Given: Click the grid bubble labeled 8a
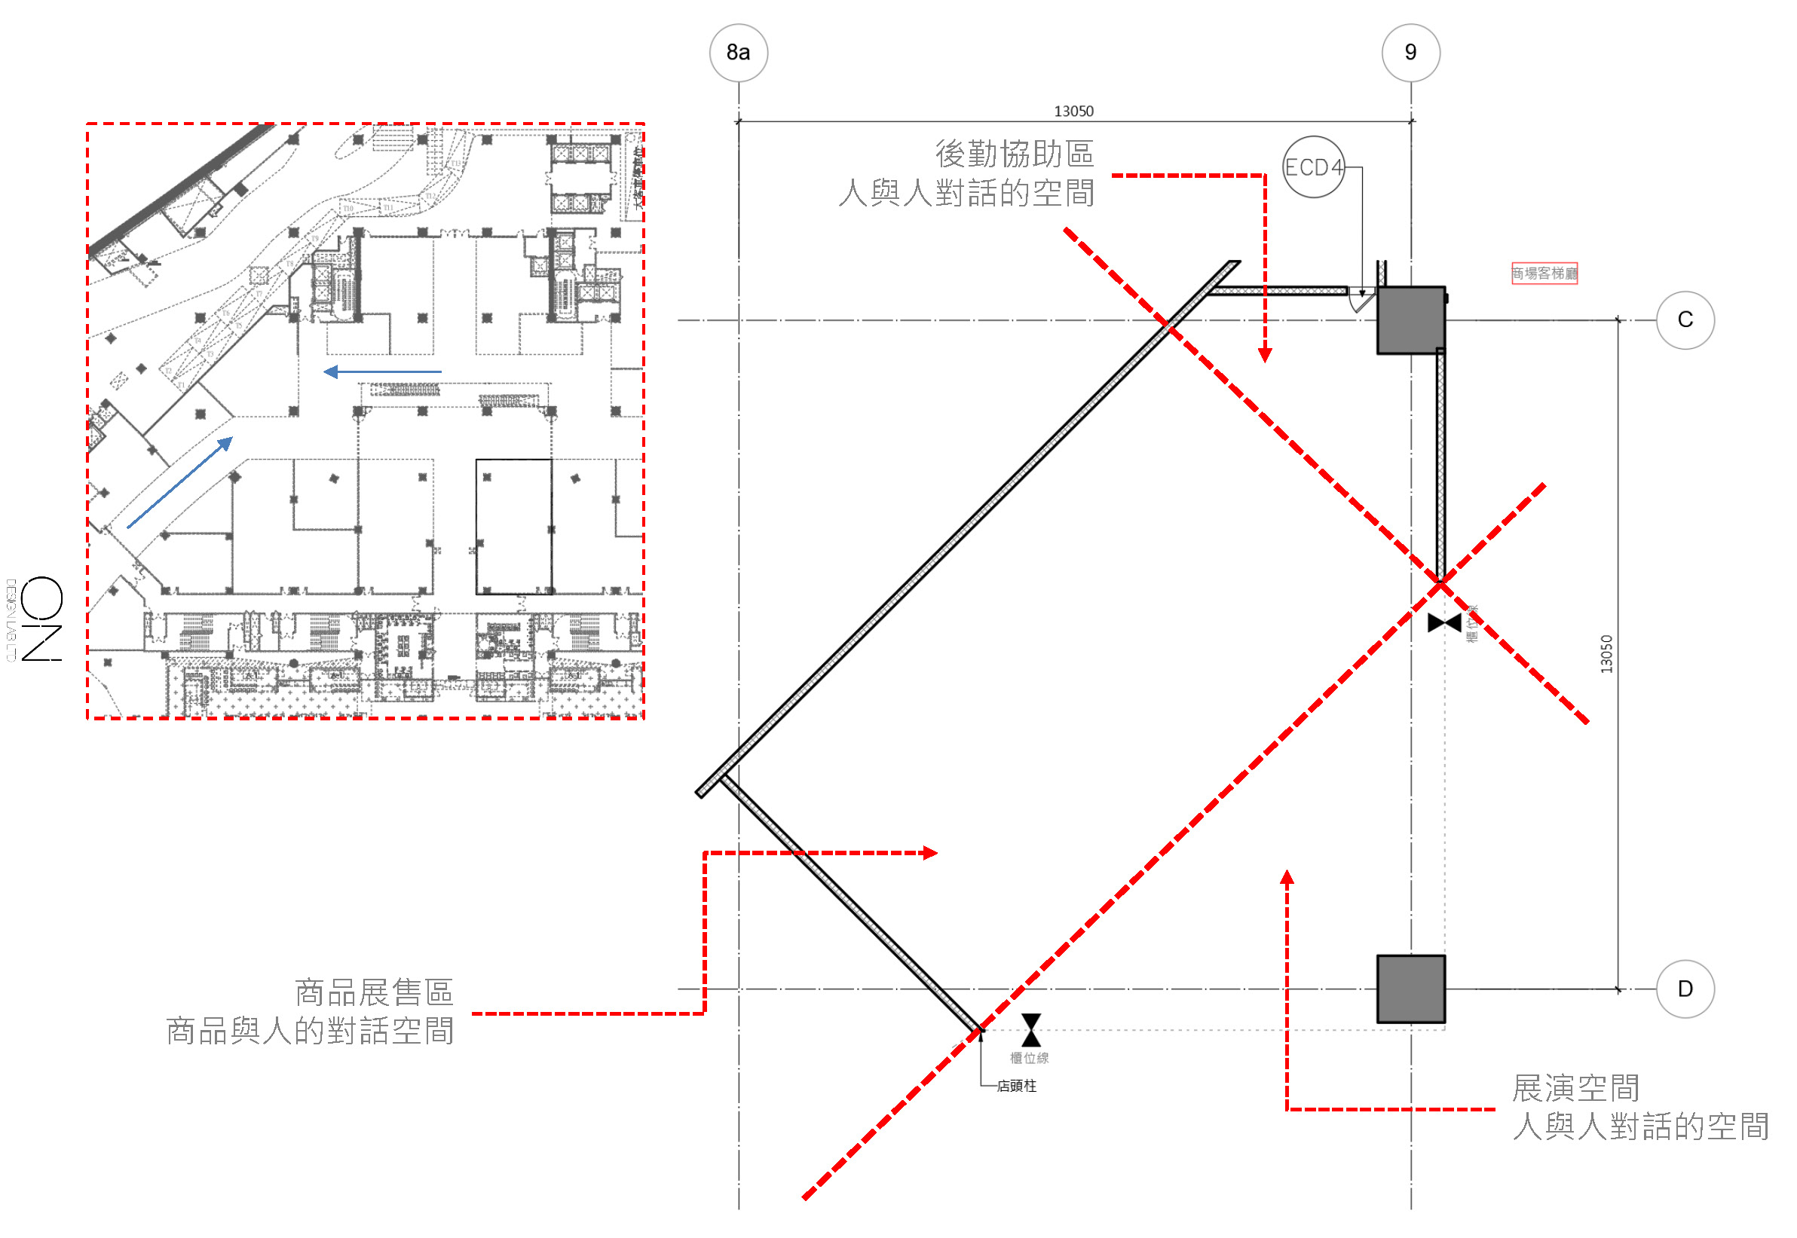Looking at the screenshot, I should point(738,52).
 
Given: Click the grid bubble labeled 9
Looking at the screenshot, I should point(1410,52).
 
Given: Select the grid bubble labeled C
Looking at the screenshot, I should point(1685,319).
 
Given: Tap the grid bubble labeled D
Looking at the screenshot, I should point(1685,989).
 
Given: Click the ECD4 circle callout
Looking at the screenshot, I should point(1312,167).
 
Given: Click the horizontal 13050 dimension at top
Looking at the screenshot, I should point(1073,111).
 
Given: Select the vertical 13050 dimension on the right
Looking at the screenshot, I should point(1606,653).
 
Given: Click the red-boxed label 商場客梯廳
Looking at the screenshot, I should point(1543,273).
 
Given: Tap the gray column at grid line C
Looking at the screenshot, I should point(1410,319).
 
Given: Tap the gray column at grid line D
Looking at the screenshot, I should point(1410,989).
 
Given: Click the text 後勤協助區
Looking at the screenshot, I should point(1014,154).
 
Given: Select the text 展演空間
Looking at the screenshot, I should point(1575,1087).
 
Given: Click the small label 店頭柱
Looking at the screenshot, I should point(1015,1085).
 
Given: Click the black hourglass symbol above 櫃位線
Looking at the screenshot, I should point(1030,1029).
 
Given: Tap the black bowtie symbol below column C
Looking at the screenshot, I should point(1444,622).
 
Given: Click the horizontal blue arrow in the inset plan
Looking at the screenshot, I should point(382,371).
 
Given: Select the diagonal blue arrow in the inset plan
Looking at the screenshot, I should point(180,481).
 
